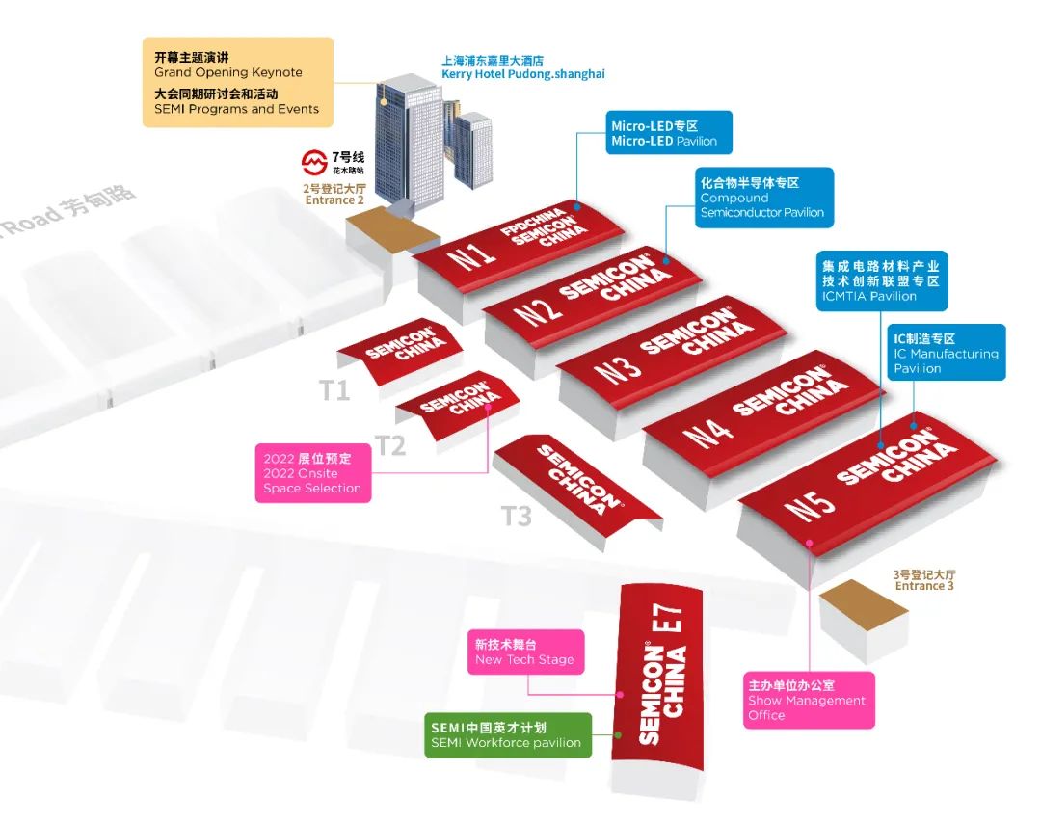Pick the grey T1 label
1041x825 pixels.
(334, 390)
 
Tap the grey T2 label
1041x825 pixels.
(390, 445)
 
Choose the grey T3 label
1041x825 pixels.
(517, 516)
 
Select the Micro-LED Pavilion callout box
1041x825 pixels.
(669, 133)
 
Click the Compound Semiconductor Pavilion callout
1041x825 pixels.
(764, 198)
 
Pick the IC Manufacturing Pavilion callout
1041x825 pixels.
(947, 353)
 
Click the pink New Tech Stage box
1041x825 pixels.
(526, 652)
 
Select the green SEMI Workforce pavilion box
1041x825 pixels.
(508, 734)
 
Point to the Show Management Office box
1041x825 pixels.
(809, 701)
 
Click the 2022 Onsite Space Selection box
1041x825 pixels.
(312, 473)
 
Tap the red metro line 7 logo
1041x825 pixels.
(313, 162)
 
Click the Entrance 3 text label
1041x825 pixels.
(924, 580)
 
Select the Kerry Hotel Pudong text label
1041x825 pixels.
(523, 67)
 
